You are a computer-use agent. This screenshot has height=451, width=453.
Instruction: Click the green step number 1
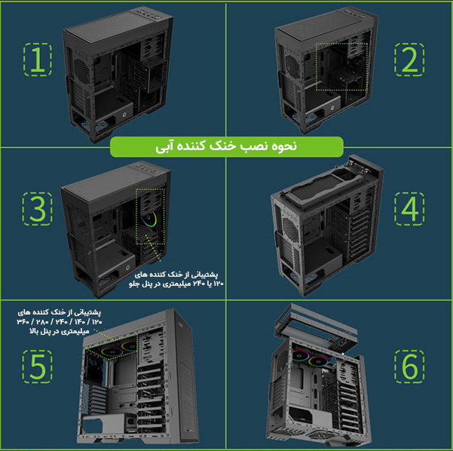coord(38,60)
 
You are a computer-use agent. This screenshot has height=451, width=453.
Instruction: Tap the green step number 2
coord(409,60)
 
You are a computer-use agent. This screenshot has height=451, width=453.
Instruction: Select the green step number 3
coord(38,208)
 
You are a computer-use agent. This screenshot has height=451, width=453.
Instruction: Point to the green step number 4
coord(410,208)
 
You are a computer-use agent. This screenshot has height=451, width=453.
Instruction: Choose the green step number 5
coord(38,367)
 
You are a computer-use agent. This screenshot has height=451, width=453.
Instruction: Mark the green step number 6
coord(410,367)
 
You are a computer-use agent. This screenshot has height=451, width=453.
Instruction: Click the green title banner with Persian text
coord(227,146)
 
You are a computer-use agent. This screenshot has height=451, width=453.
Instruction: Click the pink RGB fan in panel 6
coord(300,355)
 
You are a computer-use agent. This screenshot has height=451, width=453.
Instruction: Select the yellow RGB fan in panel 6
coord(318,361)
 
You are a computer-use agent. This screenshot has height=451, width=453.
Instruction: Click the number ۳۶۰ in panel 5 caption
coord(23,321)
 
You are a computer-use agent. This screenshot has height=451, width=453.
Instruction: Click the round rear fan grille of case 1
coord(81,70)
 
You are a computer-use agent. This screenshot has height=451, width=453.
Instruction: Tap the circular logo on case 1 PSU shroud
coord(124,115)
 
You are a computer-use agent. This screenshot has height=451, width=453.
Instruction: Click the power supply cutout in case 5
coord(92,425)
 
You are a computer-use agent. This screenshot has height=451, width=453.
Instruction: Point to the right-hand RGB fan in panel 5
coord(129,346)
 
